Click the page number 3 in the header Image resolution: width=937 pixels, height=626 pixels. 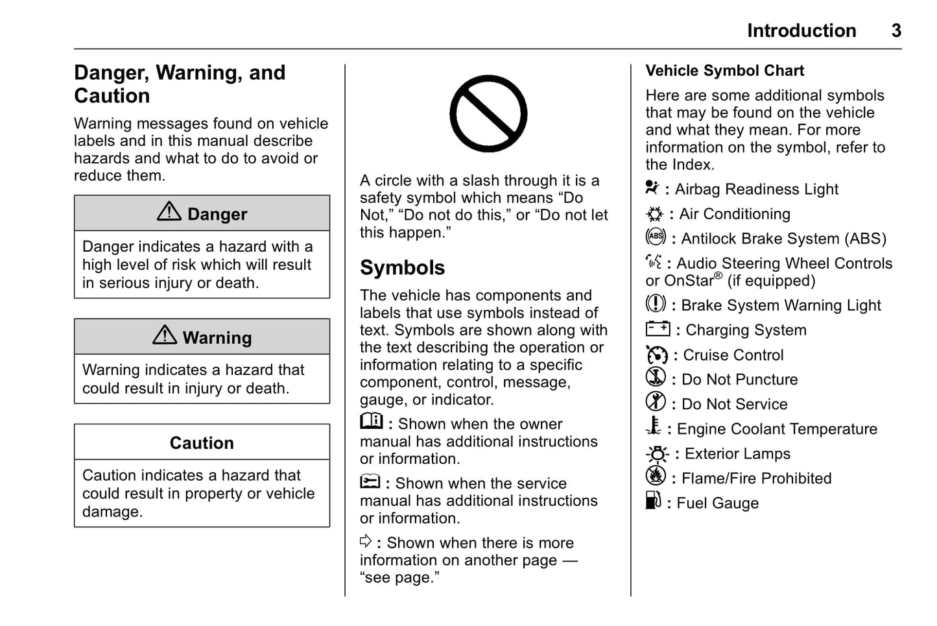(896, 30)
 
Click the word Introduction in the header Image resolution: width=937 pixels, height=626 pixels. (801, 30)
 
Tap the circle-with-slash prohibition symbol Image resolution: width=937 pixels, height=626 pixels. (488, 114)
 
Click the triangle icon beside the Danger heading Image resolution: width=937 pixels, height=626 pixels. (169, 211)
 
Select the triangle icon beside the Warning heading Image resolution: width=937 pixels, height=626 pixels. (165, 335)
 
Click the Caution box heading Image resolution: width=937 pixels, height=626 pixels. (202, 443)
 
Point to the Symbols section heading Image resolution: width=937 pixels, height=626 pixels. (402, 268)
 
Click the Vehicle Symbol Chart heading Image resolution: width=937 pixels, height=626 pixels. (724, 71)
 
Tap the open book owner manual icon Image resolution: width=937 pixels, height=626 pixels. (372, 422)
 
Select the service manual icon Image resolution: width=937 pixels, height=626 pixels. (370, 482)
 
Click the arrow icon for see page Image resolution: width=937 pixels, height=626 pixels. (366, 541)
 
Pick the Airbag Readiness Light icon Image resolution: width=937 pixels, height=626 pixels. (652, 188)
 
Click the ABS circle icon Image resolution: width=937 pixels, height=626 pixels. (656, 237)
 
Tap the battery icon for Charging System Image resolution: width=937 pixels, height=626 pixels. (658, 329)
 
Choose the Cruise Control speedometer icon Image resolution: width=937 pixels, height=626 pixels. (656, 355)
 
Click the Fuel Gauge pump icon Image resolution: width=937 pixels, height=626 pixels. (653, 501)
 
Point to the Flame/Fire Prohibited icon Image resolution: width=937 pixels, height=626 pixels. (656, 476)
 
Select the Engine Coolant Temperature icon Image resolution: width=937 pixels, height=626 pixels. (654, 427)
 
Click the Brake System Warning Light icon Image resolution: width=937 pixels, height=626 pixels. (656, 304)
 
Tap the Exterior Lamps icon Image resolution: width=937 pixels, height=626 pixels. (657, 453)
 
